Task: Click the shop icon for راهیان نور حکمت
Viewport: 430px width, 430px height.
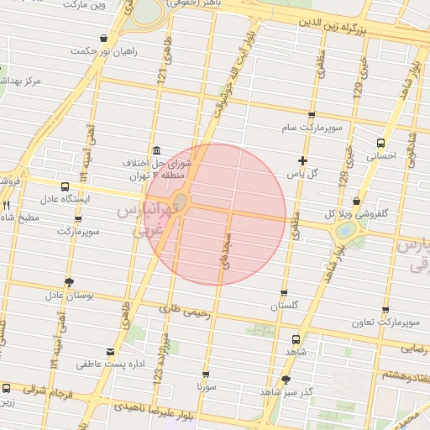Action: pos(103,38)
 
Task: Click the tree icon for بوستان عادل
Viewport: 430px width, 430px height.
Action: pos(68,282)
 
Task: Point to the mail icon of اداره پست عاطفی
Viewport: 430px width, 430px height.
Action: pos(110,351)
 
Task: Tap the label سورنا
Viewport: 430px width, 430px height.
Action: pos(206,388)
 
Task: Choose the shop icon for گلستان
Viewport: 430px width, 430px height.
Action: pos(284,294)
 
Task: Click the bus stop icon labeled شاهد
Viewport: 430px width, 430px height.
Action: pos(294,339)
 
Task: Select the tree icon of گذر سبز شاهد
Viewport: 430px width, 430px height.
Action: pos(286,380)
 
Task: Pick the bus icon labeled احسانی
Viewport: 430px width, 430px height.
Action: pos(381,142)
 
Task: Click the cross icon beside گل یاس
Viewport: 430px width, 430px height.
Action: pos(302,160)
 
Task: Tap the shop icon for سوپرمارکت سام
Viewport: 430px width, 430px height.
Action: pos(312,115)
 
